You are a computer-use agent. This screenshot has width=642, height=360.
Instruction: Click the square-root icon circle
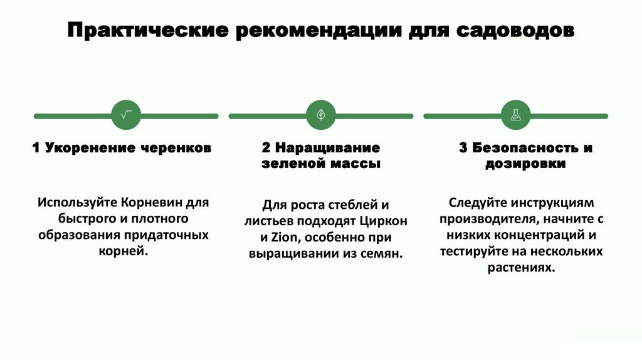point(126,115)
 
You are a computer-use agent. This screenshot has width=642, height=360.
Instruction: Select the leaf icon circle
point(321,115)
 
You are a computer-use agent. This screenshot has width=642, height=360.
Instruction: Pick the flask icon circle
point(516,115)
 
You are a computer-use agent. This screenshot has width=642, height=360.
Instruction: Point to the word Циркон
point(384,221)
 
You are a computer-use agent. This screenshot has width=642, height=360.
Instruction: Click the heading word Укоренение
point(83,148)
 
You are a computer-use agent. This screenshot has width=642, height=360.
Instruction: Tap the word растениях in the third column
point(520,268)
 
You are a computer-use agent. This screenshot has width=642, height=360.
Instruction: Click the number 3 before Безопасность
point(463,148)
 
